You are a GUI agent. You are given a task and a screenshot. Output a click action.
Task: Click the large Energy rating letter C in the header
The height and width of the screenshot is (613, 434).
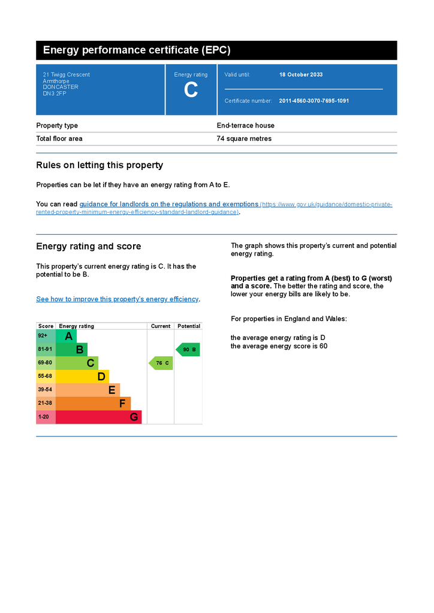click(191, 90)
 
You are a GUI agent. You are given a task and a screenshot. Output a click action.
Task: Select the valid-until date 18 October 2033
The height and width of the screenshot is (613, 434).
click(301, 75)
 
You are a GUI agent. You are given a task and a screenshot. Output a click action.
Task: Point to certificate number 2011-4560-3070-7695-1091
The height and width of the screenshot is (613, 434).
click(314, 101)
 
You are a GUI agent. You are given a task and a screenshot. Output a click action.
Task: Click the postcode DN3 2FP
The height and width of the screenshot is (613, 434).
click(51, 93)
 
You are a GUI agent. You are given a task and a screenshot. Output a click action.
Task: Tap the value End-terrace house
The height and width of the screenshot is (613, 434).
click(245, 126)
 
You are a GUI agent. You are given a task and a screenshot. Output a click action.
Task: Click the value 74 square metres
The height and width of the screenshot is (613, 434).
click(244, 139)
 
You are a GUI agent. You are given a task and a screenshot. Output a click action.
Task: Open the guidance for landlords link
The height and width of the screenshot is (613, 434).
click(169, 204)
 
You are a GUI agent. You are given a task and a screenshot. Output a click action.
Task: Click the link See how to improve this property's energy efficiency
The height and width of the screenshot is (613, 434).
click(117, 299)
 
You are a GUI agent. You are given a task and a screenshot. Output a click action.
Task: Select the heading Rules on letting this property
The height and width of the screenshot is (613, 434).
click(100, 165)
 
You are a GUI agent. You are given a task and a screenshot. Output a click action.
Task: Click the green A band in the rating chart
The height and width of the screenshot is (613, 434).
click(67, 336)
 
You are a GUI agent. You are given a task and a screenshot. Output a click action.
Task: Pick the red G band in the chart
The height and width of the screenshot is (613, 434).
click(99, 417)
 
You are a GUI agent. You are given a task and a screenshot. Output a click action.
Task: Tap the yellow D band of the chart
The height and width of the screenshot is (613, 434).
click(83, 377)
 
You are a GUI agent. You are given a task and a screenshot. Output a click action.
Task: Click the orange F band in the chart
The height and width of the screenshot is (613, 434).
click(93, 403)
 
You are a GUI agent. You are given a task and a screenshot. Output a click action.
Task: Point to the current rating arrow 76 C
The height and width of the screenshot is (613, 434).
click(161, 363)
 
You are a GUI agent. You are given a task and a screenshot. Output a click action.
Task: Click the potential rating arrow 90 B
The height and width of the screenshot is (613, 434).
click(188, 350)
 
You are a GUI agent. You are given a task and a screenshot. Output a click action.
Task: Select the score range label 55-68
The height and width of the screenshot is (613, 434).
click(46, 377)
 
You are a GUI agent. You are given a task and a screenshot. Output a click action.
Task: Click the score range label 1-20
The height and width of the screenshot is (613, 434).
click(44, 417)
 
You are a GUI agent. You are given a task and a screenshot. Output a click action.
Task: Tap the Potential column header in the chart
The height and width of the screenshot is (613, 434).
click(189, 326)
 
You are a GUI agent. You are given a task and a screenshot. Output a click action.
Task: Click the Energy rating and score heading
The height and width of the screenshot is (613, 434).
click(89, 247)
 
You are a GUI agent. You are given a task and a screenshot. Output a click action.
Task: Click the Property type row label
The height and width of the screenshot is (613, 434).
click(57, 126)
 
